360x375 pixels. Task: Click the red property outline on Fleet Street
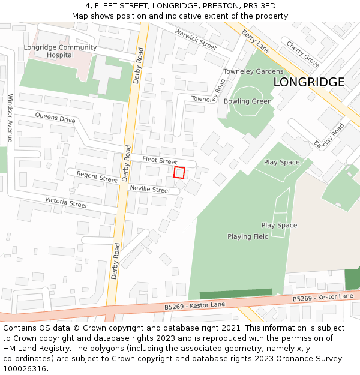coord(179,172)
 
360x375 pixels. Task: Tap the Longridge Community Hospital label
coord(60,51)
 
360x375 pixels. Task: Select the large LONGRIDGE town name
coord(309,82)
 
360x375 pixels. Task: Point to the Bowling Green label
coord(247,101)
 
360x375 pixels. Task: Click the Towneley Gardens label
coord(253,71)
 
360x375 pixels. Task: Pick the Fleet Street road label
coord(160,161)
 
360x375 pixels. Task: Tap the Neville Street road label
coord(150,190)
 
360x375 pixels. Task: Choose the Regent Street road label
coord(97,178)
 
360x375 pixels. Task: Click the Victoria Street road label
coord(66,202)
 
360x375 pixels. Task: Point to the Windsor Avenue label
coord(10,118)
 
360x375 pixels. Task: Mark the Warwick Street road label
coord(196,39)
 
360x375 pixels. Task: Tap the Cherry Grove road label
coord(302,53)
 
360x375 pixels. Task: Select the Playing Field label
coord(248,236)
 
